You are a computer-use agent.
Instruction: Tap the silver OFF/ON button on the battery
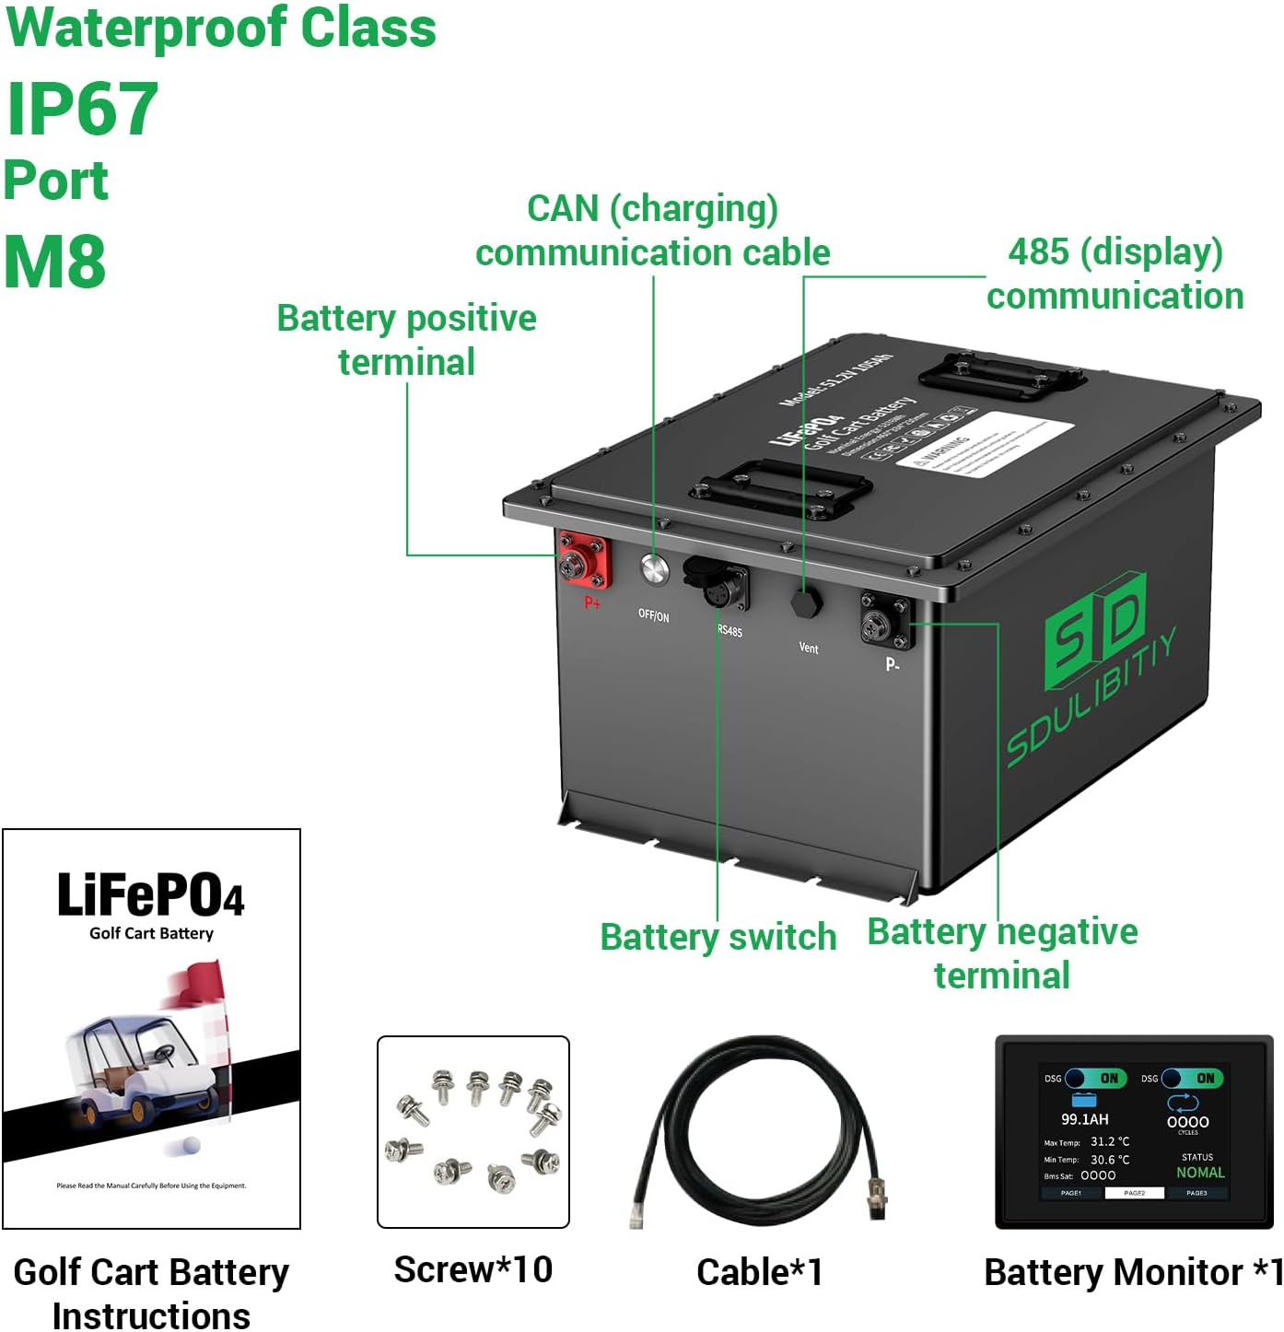[654, 569]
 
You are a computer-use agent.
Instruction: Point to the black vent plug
[806, 603]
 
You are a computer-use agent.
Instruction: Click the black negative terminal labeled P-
[886, 620]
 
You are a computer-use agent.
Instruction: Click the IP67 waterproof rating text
[83, 109]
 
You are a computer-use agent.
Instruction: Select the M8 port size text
[55, 262]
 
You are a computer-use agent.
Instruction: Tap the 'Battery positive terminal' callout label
[406, 340]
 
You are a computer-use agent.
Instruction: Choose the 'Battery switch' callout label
[718, 937]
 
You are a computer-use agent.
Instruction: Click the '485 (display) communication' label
[1115, 274]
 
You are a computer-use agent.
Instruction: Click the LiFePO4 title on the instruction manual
[151, 895]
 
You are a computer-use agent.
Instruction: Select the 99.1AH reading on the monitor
[1084, 1119]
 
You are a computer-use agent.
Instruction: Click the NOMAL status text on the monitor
[1200, 1173]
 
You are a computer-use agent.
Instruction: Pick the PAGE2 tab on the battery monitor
[1134, 1193]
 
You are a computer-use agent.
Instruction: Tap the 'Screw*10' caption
[473, 1269]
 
